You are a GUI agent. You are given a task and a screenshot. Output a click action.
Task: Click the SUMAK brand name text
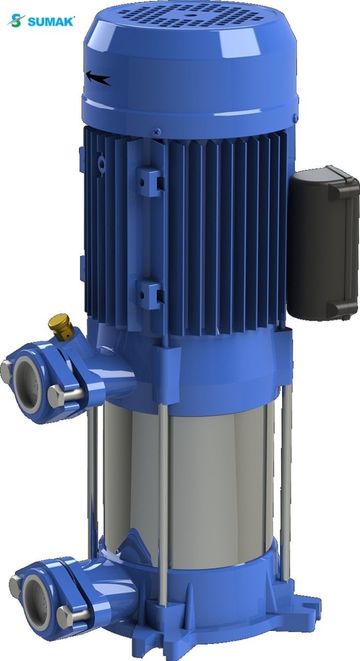51,22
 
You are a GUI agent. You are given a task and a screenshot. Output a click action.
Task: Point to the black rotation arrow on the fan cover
98,78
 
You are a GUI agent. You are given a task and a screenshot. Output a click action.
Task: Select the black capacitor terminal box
323,243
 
